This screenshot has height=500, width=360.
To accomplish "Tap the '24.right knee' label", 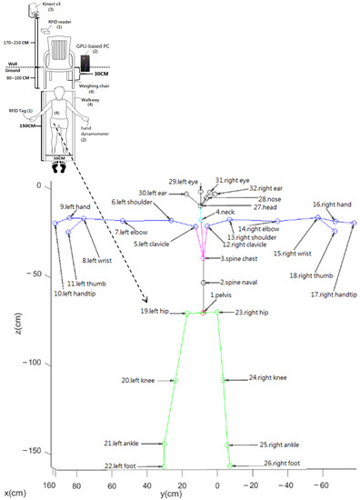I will click(267, 376).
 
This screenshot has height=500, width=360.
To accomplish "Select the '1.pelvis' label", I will click(224, 295).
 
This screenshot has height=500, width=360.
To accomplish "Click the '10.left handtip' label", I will click(74, 293).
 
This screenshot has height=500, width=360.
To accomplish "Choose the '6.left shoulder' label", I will click(131, 202).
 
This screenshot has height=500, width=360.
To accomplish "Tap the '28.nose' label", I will click(269, 198).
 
